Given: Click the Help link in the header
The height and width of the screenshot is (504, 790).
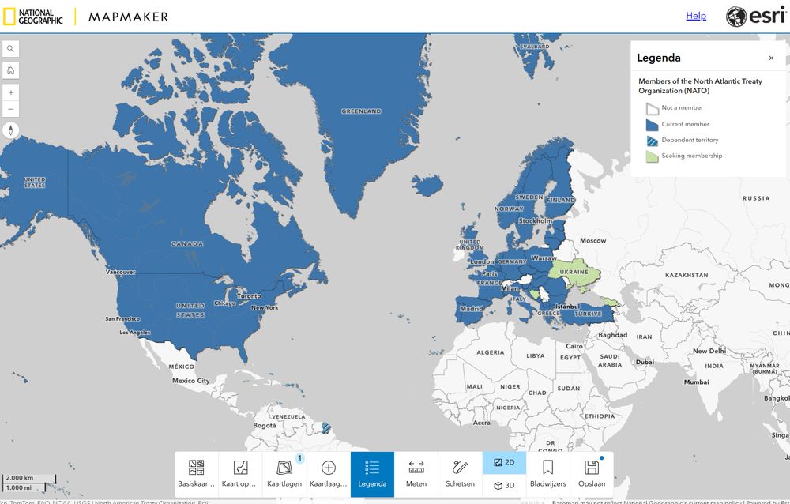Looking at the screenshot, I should click(696, 16).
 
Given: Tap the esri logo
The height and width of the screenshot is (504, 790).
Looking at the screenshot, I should click(755, 17).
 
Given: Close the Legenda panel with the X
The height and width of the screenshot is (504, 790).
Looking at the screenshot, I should click(771, 58).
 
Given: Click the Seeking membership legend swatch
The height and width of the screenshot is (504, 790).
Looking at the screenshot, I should click(652, 156).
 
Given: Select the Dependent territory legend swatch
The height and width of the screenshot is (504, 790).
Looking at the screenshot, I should click(652, 141).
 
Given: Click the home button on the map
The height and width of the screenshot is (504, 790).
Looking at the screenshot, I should click(11, 70).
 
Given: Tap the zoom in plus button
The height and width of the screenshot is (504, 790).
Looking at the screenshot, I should click(11, 92).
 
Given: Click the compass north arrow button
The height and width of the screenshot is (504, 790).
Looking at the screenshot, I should click(11, 130).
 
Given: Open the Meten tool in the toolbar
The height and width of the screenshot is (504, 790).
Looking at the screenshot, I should click(416, 474).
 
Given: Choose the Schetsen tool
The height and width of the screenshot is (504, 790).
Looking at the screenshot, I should click(460, 474).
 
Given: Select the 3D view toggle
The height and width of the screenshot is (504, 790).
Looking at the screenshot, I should click(504, 485).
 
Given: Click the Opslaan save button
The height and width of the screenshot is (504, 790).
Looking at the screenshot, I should click(592, 474).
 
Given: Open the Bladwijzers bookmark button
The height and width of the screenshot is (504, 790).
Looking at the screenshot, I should click(547, 474).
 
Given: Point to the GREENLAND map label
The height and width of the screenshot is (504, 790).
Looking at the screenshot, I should click(361, 112).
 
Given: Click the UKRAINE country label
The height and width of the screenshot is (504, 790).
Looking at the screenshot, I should click(574, 273).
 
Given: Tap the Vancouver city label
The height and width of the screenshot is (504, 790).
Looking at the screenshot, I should click(121, 272).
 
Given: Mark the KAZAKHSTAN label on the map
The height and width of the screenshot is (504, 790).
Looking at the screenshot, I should click(687, 275).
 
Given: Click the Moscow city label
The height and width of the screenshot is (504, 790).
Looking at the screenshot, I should click(592, 240).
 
